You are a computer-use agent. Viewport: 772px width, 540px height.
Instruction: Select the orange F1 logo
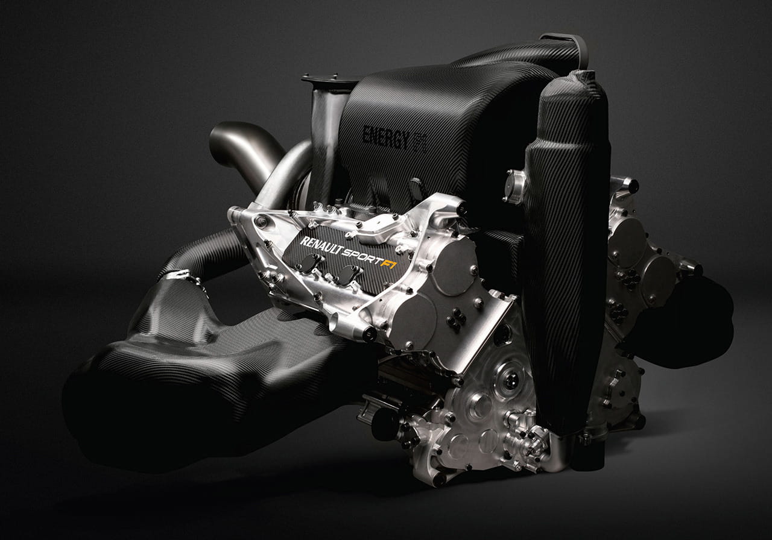pos(388,263)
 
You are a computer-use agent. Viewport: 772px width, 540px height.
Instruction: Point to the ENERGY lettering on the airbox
pos(386,137)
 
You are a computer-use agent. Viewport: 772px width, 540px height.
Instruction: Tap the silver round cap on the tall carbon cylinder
pos(514,187)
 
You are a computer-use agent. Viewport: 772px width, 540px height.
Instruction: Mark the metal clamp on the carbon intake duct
pos(180,275)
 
